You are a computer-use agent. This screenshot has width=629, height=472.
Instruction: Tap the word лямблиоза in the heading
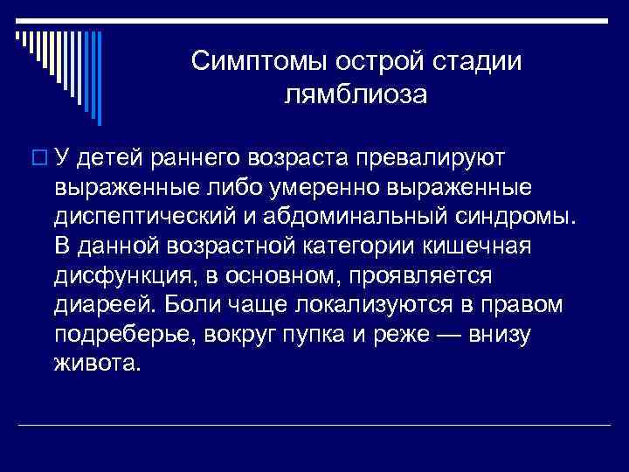(356, 93)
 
